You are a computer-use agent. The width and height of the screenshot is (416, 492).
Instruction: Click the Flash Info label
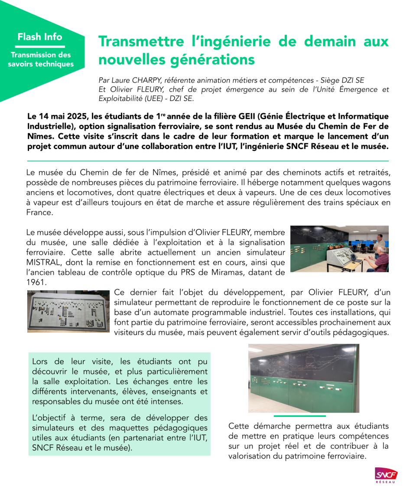click(x=40, y=37)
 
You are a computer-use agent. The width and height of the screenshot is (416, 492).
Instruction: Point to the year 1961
click(x=36, y=282)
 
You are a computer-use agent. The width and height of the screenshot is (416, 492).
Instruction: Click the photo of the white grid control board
click(x=68, y=311)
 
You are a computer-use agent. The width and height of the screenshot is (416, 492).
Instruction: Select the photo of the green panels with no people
click(x=303, y=378)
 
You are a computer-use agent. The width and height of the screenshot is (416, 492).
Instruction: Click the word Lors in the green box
click(x=41, y=362)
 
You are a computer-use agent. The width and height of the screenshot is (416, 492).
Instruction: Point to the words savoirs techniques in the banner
click(x=41, y=64)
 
